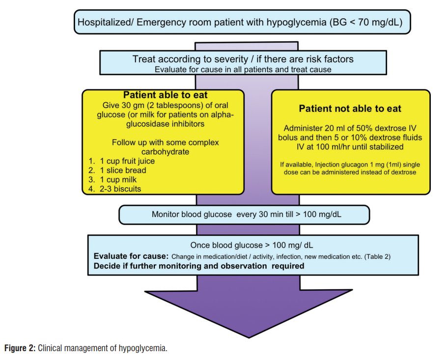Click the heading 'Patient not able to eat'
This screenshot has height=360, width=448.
pyautogui.click(x=350, y=109)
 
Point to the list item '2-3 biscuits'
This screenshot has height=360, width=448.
pyautogui.click(x=120, y=189)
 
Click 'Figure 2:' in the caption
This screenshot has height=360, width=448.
pyautogui.click(x=20, y=349)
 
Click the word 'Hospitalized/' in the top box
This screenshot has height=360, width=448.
pyautogui.click(x=103, y=22)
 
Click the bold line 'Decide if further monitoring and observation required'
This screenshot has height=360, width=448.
pyautogui.click(x=199, y=267)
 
